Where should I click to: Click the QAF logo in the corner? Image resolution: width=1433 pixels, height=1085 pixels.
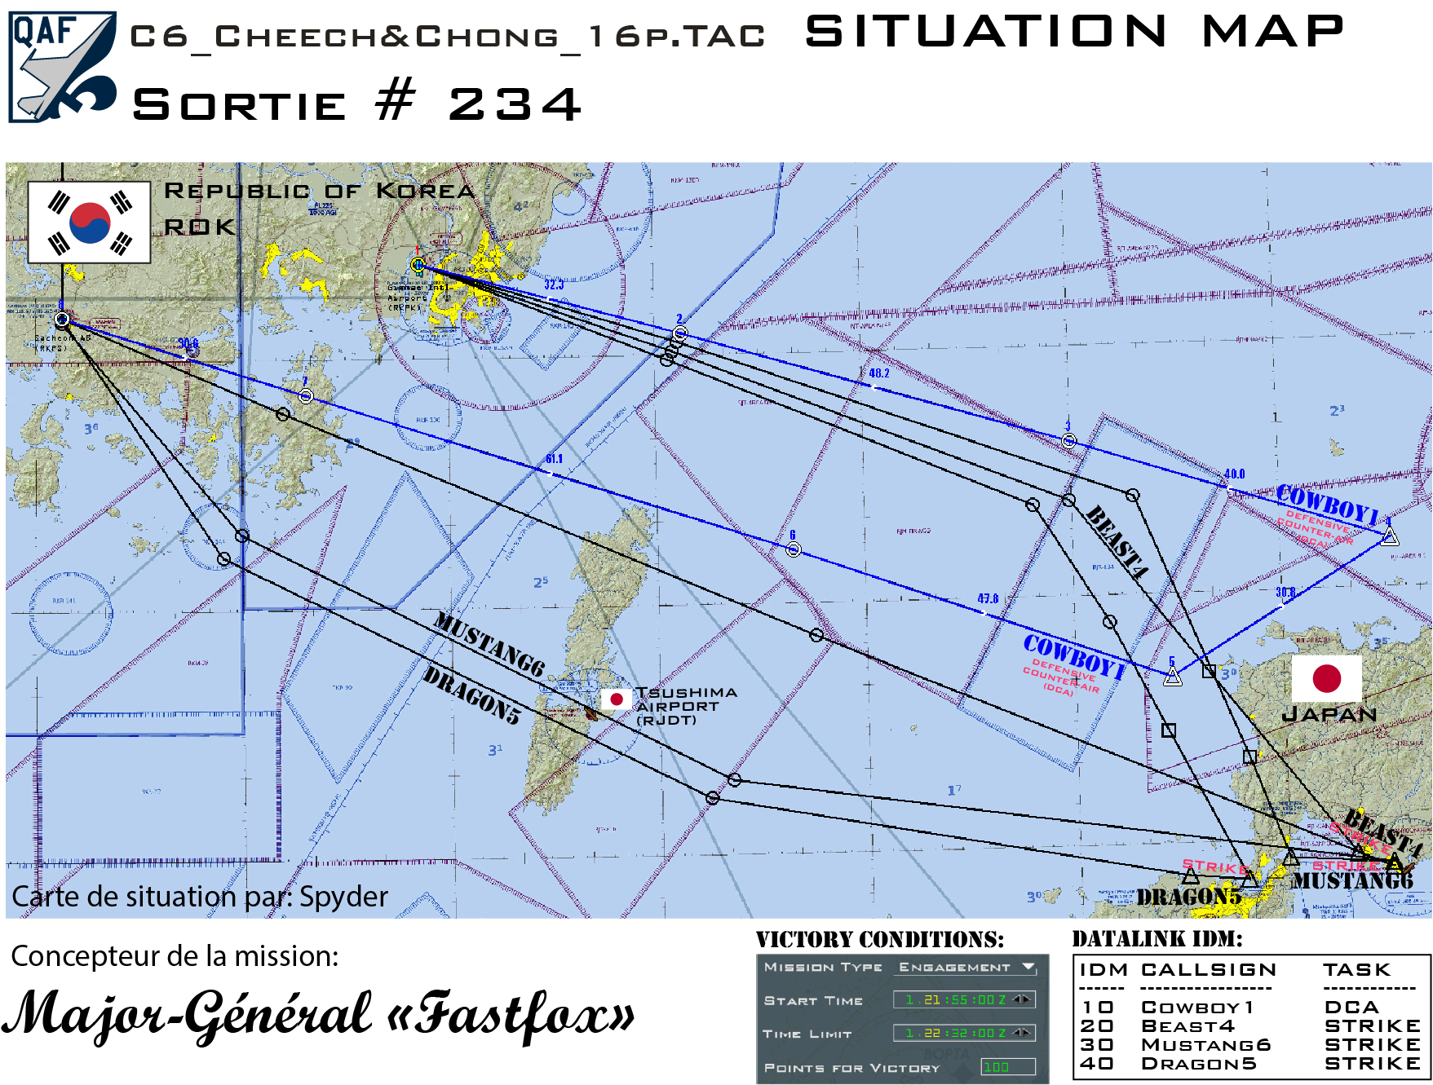coord(62,67)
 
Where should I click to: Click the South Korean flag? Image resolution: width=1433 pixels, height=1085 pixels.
coord(90,223)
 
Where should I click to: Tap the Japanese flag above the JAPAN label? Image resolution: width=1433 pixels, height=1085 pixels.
coord(1327,678)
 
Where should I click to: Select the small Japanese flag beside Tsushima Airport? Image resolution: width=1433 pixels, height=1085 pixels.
coord(617,699)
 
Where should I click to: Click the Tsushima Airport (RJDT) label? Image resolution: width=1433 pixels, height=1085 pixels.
coord(685,706)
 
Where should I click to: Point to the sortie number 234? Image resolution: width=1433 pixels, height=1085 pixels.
coord(515,105)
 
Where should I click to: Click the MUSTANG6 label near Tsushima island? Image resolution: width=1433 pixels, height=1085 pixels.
coord(488,644)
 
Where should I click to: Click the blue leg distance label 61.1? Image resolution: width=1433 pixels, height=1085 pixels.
coord(554,459)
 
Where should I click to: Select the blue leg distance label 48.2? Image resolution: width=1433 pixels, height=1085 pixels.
coord(878,373)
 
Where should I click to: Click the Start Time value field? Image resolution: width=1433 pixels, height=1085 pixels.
coord(963,999)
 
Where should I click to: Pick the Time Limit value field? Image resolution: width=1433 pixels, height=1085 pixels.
coord(963,1033)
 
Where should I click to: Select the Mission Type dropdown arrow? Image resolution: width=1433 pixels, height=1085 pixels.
coord(1028,967)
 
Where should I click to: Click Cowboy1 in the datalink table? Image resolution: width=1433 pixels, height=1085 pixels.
coord(1196,1008)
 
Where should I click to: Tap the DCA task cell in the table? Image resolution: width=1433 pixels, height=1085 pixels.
coord(1351,1008)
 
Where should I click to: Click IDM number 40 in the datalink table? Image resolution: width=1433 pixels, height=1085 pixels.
coord(1097,1064)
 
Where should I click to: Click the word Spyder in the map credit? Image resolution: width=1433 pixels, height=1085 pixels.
coord(343,898)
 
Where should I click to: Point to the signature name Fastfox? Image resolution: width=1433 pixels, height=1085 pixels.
coord(522,1012)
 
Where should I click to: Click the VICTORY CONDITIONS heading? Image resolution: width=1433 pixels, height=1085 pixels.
coord(880,940)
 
